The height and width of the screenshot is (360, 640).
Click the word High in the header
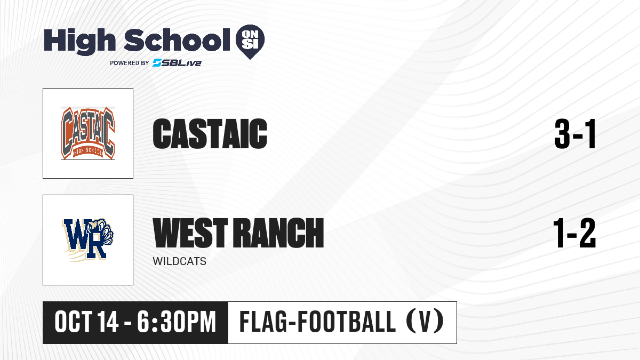click(79, 41)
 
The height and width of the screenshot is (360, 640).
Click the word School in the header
click(177, 39)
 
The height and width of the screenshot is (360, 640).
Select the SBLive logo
click(177, 62)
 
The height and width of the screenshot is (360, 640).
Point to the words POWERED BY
click(130, 63)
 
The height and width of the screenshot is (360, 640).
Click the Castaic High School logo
click(88, 133)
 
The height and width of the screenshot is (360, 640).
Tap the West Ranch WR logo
click(88, 240)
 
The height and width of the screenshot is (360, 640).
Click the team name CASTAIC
click(210, 133)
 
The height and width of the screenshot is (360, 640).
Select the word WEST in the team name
click(190, 233)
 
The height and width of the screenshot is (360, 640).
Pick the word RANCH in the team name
click(278, 233)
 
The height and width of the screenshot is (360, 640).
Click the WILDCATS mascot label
click(179, 261)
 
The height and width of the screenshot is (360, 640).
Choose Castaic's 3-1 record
click(575, 134)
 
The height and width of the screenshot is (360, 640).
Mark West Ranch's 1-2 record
click(574, 233)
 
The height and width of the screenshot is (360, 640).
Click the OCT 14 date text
click(86, 322)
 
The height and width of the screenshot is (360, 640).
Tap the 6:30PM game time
click(177, 322)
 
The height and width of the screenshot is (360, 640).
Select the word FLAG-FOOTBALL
click(317, 322)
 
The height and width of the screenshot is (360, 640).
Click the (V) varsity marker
click(425, 322)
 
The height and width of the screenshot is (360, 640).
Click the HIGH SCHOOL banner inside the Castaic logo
click(88, 152)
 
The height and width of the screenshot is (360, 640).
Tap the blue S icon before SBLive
click(157, 62)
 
